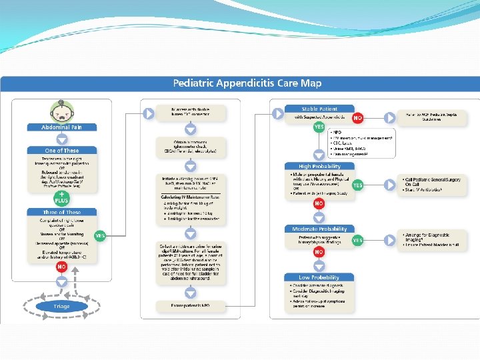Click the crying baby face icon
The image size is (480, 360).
61,109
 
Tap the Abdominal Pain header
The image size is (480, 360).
61,127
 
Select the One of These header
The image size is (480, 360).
61,151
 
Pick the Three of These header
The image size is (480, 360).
61,212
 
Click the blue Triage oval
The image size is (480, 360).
61,306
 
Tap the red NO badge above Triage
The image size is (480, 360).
61,266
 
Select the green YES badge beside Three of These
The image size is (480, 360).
99,235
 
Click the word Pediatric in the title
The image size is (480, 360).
195,83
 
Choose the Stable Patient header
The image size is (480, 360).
319,109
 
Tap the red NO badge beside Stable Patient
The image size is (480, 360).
358,118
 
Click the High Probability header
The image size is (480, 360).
319,166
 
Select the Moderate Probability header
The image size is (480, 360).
319,229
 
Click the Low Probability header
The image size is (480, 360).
319,277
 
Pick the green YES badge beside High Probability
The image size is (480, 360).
358,185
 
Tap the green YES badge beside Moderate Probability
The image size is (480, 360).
358,240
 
